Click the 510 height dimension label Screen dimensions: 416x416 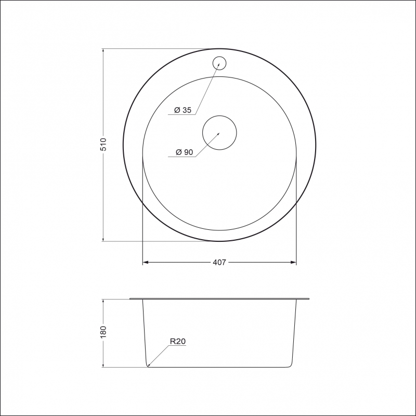click(103, 145)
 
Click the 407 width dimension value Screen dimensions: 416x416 click(219, 263)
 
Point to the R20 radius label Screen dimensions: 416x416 click(178, 342)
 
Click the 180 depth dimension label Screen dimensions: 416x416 click(103, 331)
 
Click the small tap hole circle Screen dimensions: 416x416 click(219, 62)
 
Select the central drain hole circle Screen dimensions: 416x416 click(219, 132)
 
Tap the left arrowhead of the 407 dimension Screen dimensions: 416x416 click(145, 263)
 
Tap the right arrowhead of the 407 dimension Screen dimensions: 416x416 click(294, 263)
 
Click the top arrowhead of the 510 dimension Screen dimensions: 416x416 click(103, 51)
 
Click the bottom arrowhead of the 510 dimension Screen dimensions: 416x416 click(103, 239)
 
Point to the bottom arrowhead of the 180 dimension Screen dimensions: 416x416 click(103, 365)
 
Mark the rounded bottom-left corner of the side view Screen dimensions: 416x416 click(148, 365)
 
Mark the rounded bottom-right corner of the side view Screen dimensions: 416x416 click(291, 365)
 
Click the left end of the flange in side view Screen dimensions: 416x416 click(130, 299)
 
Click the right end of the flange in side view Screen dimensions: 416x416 click(309, 299)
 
